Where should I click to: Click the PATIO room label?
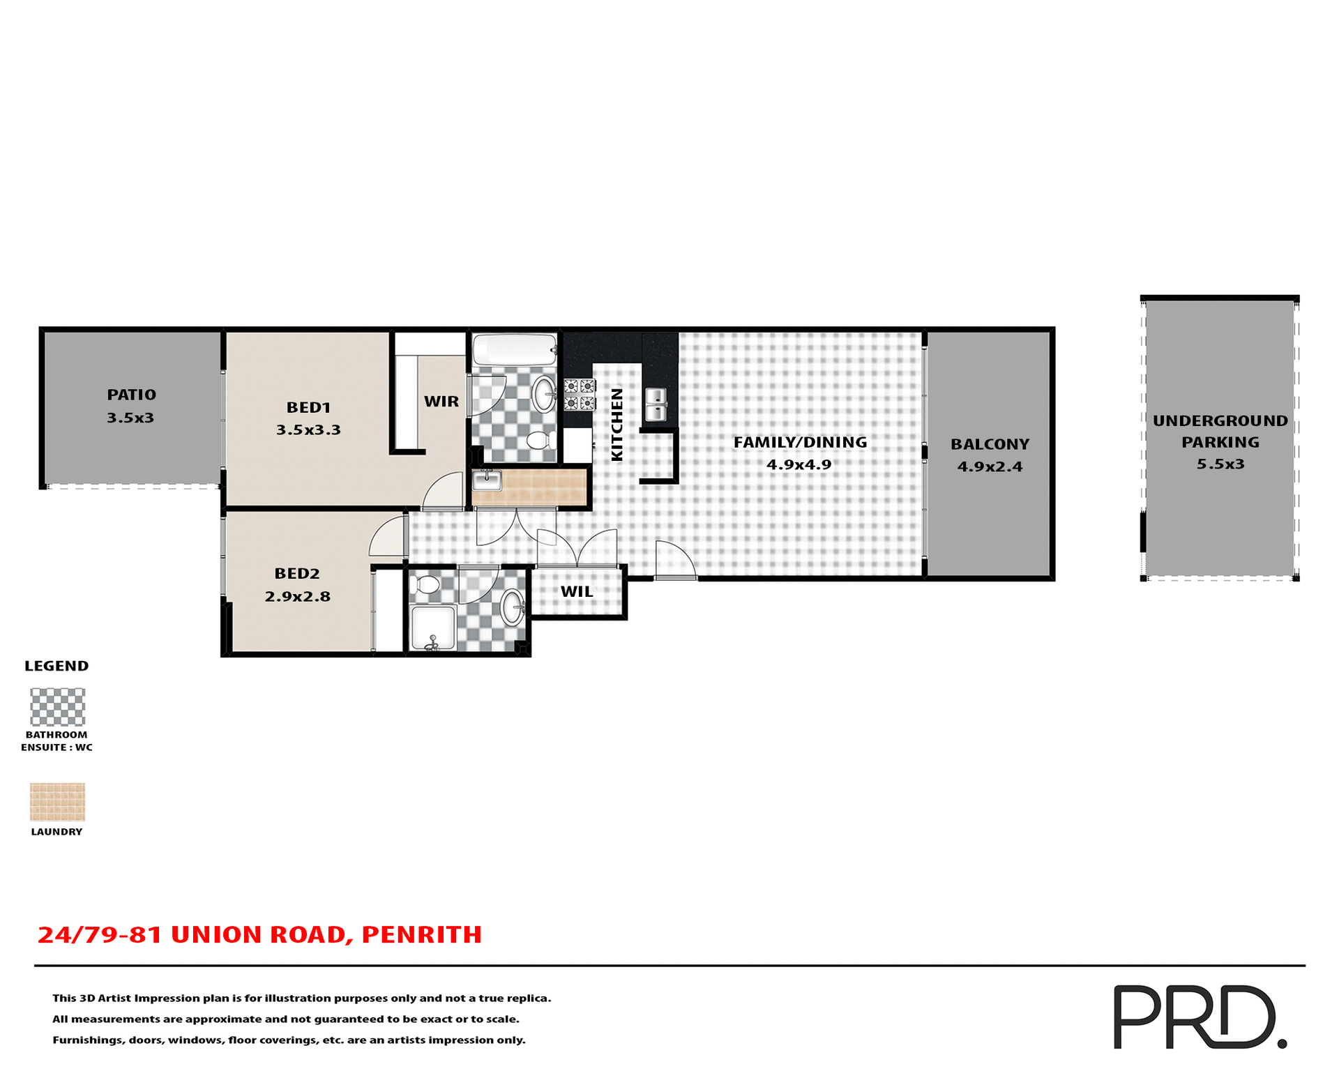(131, 395)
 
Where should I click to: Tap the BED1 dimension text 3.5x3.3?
(308, 430)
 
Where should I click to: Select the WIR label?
(441, 402)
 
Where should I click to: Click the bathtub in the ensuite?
(515, 349)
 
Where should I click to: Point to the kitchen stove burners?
(580, 395)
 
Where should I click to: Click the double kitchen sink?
(656, 404)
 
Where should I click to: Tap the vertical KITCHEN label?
(616, 425)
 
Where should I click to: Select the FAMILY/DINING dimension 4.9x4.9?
(799, 465)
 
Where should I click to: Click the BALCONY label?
(990, 444)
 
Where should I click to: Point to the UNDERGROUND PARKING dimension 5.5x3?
(1220, 464)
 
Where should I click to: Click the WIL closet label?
(577, 592)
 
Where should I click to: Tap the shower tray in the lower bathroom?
(433, 628)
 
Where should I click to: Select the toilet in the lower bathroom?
(425, 585)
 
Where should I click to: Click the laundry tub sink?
(487, 480)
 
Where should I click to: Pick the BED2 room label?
(297, 574)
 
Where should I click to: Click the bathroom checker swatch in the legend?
(57, 707)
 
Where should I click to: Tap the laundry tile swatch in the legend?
(57, 802)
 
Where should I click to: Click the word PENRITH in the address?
(421, 935)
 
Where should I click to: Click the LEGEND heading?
(56, 666)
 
